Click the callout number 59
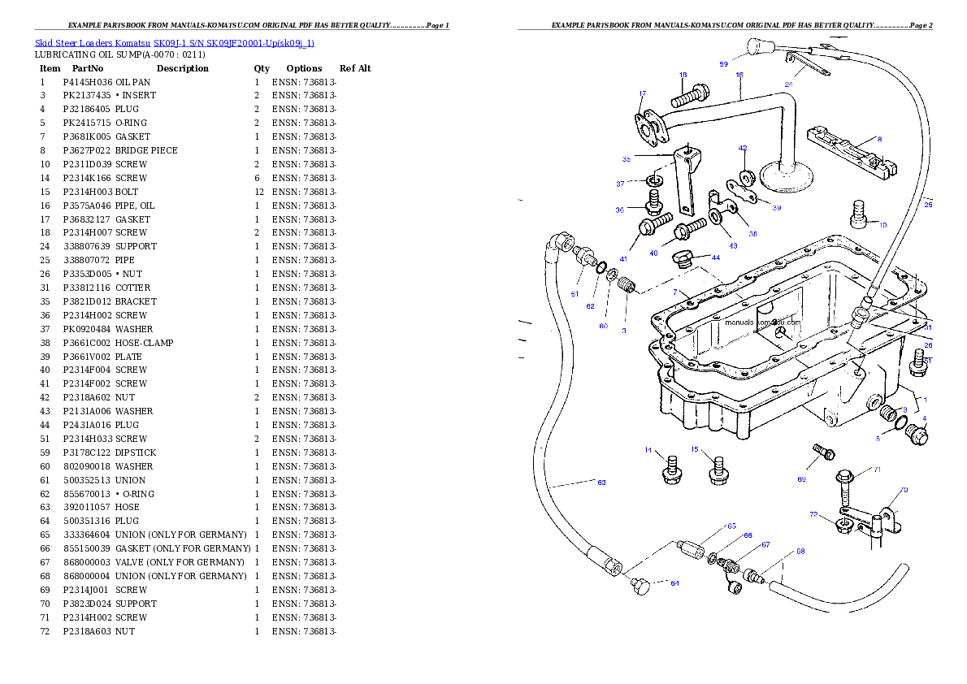tap(723, 63)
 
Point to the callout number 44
tap(715, 258)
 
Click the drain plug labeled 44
tap(684, 260)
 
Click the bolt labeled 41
tap(655, 224)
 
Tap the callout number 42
tap(743, 149)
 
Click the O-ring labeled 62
tap(601, 269)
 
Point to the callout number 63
tap(601, 483)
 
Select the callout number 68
tap(800, 552)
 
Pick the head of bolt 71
tap(844, 475)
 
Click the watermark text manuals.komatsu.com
tap(762, 322)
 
